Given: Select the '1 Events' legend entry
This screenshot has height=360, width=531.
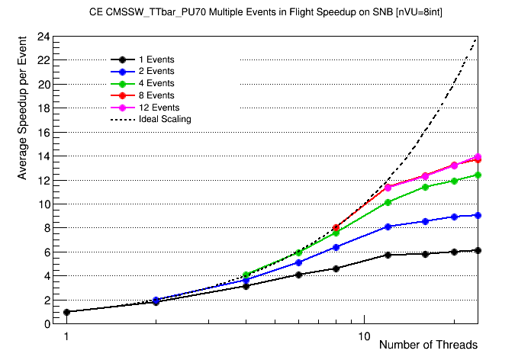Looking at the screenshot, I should pos(156,59).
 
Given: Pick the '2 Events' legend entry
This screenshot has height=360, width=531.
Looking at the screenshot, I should pos(156,71).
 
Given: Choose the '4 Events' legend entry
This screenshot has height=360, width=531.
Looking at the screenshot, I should pos(156,83).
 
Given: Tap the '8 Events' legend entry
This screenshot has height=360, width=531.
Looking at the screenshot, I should pos(156,95).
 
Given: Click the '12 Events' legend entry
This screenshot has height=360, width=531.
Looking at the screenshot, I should pos(159,108).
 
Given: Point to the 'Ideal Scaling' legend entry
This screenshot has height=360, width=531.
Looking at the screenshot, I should pos(165,119).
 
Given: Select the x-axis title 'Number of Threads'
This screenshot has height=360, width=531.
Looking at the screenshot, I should pos(428,345).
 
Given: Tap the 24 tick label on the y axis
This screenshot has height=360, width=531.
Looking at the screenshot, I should pos(44,37).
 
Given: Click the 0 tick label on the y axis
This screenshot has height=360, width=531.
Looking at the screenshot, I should pos(47,324).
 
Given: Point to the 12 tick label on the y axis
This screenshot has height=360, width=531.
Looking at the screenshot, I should pos(44,181).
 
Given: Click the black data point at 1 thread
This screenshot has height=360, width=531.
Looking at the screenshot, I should pos(66,312).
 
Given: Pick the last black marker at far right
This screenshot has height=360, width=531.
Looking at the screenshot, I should pos(478,250).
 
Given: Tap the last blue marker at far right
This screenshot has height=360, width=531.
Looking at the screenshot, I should pos(478,215).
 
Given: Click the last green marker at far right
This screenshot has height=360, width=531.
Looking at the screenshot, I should pos(478,175).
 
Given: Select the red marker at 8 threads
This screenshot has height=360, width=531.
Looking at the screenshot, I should pos(336,227).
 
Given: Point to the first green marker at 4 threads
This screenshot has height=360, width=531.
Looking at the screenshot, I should pos(246,275).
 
